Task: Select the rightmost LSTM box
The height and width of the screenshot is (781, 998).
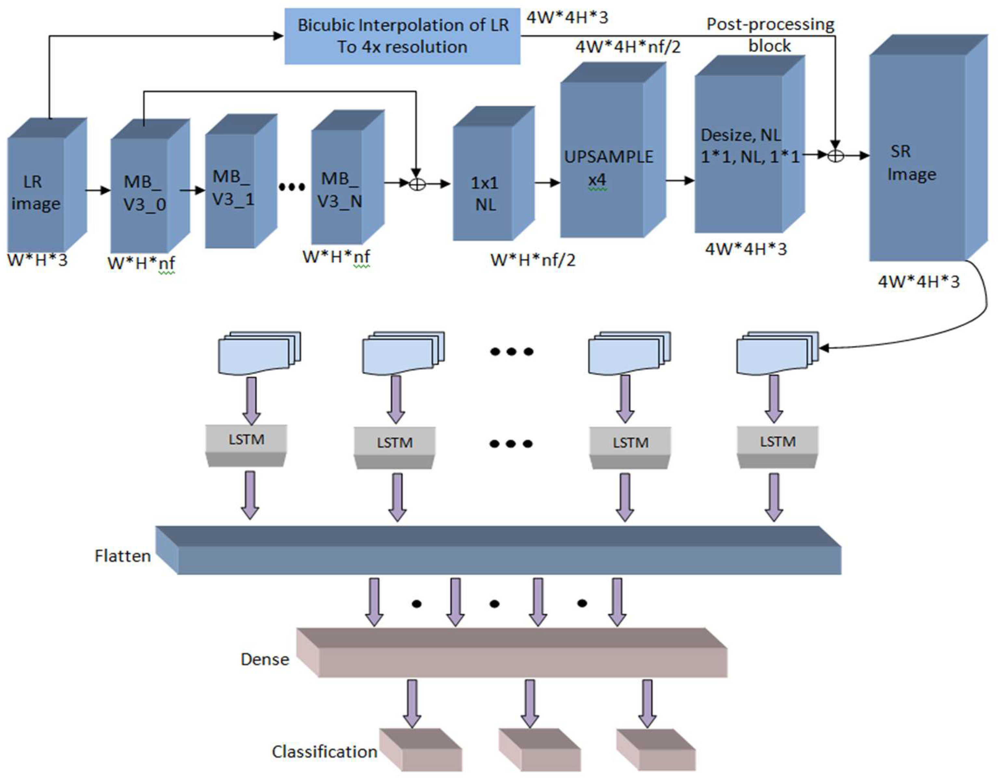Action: click(x=778, y=442)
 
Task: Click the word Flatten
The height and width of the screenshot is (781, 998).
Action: click(x=123, y=556)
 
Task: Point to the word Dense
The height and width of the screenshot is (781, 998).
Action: click(x=265, y=659)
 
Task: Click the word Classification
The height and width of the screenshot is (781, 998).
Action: click(x=324, y=752)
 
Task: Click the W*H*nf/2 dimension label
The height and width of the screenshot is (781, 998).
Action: click(x=532, y=260)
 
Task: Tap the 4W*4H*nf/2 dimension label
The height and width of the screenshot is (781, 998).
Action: click(x=628, y=46)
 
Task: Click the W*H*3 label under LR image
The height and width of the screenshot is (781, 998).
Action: click(x=37, y=260)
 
